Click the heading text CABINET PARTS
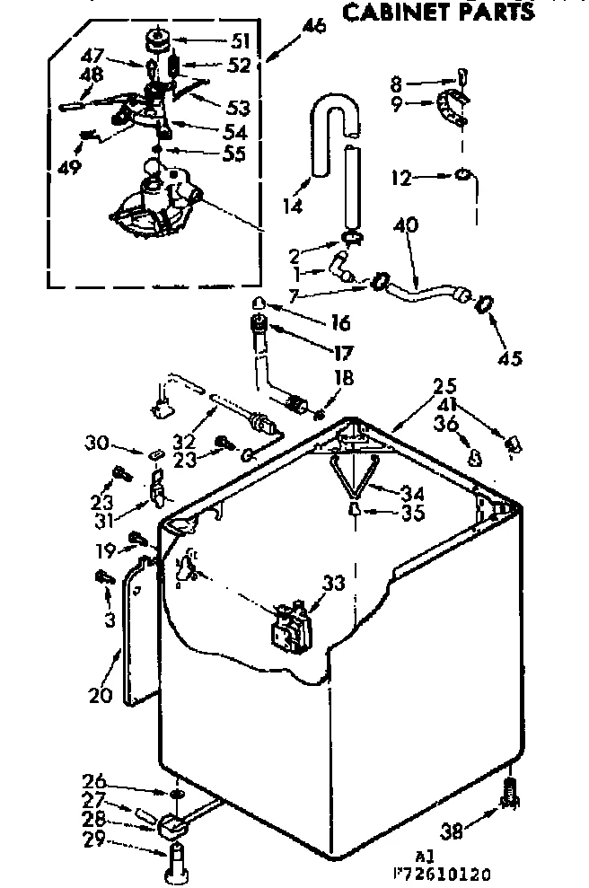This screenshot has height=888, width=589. pos(439,11)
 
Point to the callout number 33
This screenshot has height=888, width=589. pos(334,584)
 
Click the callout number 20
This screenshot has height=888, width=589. pos(100,694)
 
